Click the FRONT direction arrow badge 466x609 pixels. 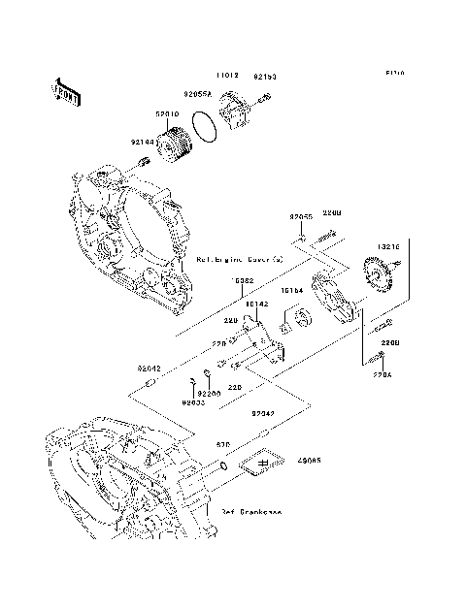(66, 88)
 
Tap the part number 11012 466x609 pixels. (227, 74)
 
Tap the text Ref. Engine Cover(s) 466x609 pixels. (239, 260)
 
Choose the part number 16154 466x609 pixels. (292, 290)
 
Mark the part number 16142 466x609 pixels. (256, 304)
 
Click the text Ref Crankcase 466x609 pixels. (250, 511)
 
